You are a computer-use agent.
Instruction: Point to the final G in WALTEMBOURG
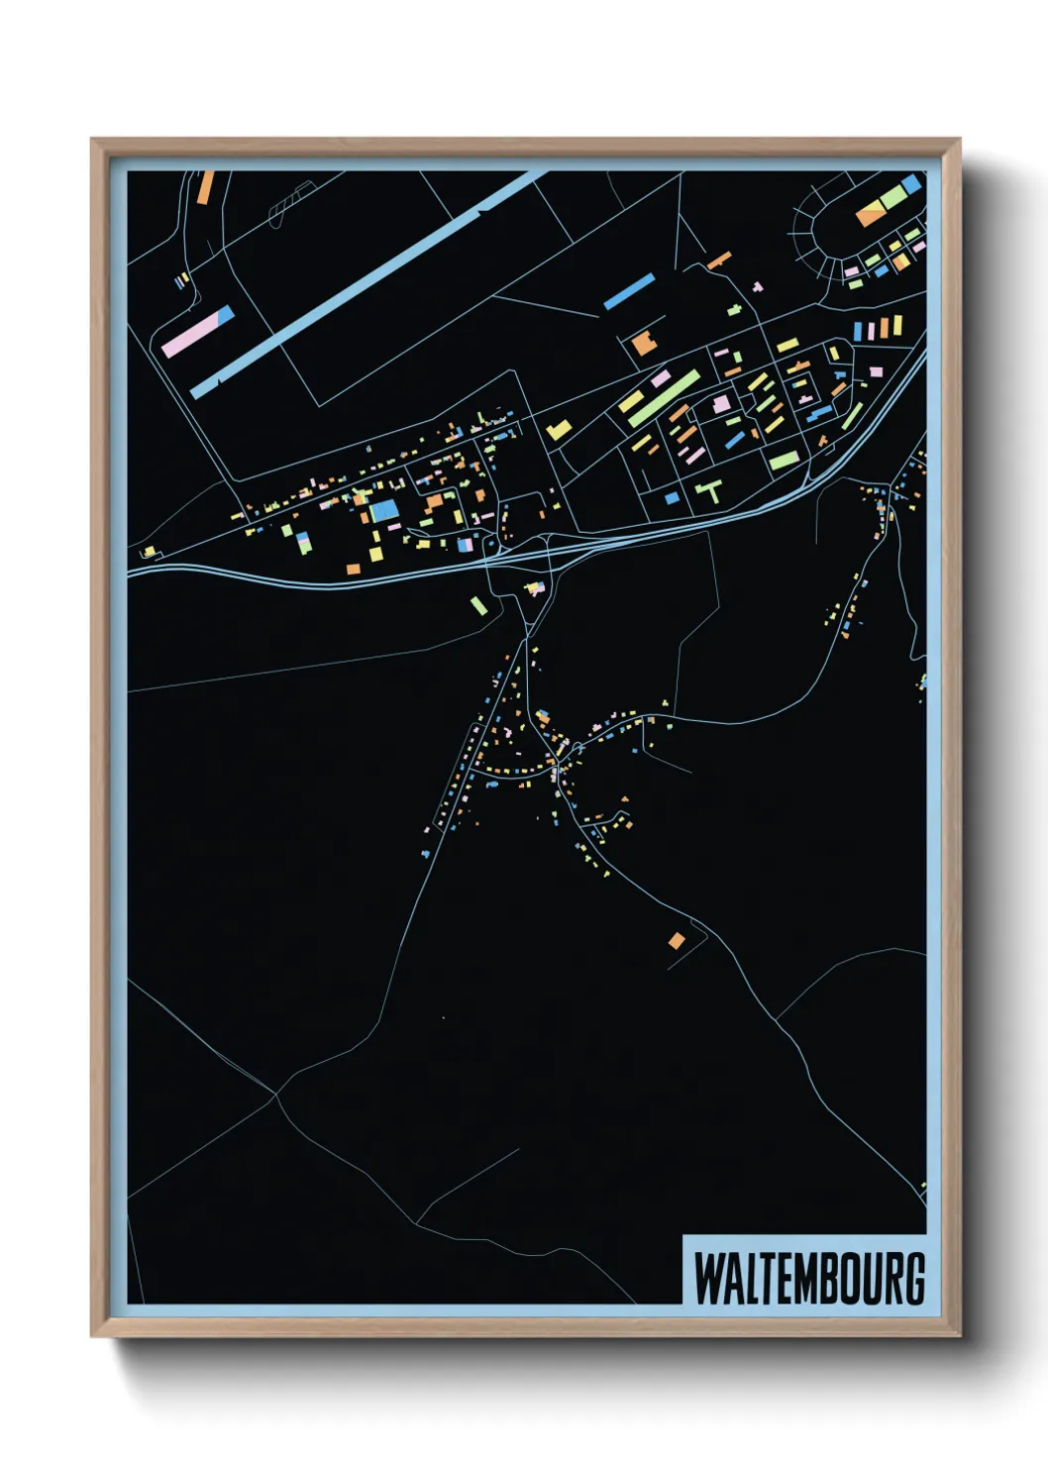point(914,1278)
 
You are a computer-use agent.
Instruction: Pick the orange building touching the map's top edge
point(205,187)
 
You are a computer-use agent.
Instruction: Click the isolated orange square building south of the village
point(676,940)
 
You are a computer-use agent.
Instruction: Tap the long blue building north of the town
point(629,291)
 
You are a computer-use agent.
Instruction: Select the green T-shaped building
point(710,490)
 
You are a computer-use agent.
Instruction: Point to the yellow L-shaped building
point(559,431)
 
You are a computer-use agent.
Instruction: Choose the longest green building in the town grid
point(663,398)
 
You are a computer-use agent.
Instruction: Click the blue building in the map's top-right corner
point(911,183)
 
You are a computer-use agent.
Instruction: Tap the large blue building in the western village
point(384,510)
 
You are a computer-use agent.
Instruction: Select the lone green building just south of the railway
point(478,605)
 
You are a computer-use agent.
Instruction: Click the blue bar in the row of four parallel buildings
point(859,332)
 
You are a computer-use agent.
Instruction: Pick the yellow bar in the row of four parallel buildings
point(897,325)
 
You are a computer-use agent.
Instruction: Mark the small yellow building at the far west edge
point(149,551)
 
